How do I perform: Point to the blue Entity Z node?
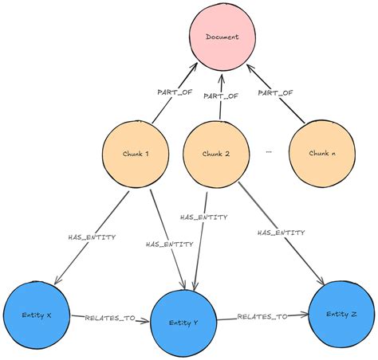[342, 315]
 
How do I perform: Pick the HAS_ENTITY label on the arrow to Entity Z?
[280, 233]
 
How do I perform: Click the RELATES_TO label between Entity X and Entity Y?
[108, 318]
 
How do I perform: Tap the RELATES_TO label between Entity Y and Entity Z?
[262, 317]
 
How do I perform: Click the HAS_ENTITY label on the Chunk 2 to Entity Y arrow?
[204, 216]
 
